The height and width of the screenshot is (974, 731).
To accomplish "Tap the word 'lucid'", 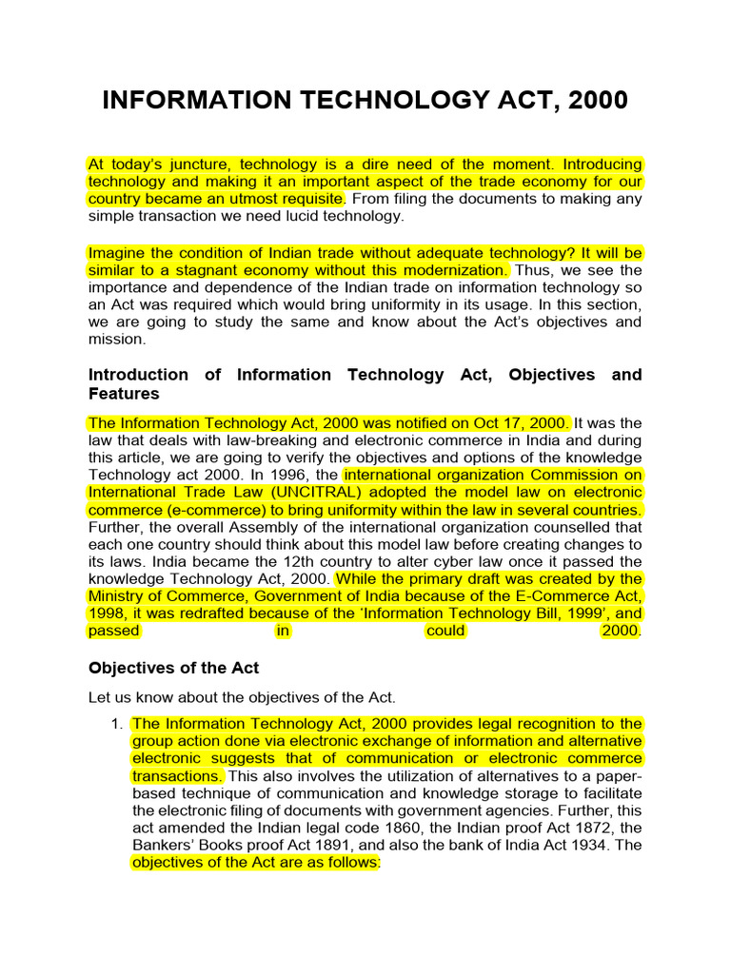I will [295, 216].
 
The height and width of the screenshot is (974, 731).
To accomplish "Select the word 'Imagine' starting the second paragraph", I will [116, 252].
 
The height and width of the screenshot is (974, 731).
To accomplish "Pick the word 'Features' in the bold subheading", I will [124, 393].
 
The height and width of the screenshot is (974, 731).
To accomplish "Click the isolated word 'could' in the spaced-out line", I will [446, 630].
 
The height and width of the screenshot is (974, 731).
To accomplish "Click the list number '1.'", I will [117, 724].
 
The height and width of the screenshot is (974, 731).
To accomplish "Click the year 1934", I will [591, 844].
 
